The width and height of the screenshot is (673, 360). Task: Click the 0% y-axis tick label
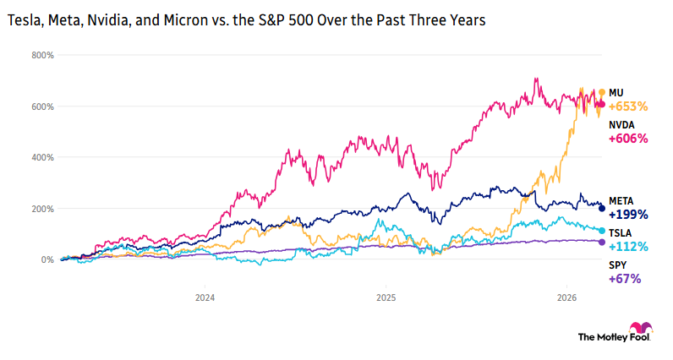click(47, 259)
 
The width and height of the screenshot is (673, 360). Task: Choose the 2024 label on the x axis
click(205, 297)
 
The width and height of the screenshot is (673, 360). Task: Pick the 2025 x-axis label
click(386, 297)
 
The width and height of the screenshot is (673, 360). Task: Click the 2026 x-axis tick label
click(567, 297)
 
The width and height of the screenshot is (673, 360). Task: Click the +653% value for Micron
click(627, 106)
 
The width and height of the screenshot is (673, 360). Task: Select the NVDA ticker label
click(621, 124)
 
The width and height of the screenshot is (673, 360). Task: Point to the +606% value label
click(627, 139)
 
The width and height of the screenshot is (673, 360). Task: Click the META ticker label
click(621, 200)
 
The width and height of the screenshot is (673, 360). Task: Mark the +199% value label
click(627, 215)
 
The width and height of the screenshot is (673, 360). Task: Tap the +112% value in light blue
click(627, 247)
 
